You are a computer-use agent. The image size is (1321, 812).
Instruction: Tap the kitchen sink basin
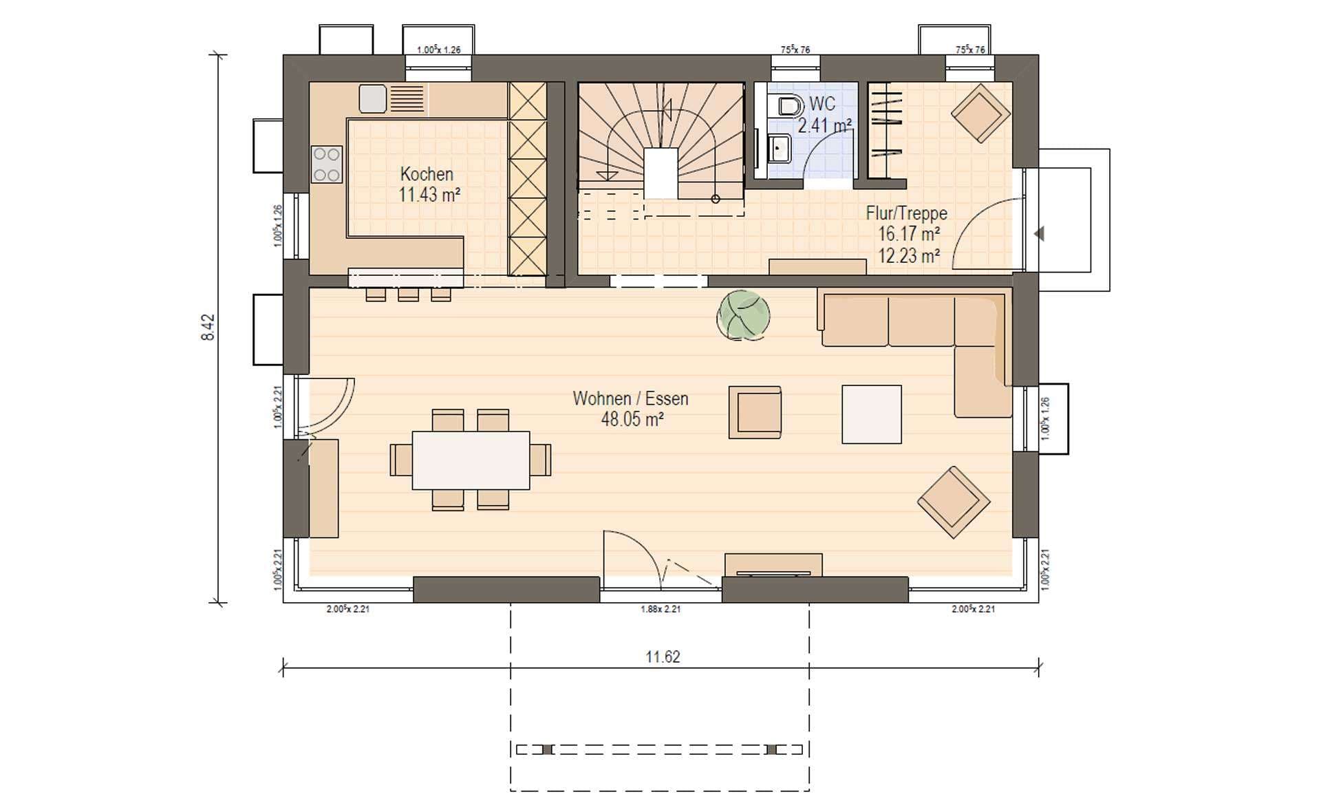pos(372,98)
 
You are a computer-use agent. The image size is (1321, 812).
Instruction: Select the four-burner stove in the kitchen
pos(327,164)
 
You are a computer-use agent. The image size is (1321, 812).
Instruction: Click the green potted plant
pos(743,316)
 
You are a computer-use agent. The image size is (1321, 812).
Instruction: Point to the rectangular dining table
pos(471,460)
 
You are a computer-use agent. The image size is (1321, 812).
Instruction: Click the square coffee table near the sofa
pos(872,414)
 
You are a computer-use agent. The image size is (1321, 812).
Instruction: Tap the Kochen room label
pos(427,174)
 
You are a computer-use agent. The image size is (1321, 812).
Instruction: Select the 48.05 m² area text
pos(632,419)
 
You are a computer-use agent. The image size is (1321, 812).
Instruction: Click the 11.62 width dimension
pos(663,657)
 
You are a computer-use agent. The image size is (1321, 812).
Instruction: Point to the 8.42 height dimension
pos(208,328)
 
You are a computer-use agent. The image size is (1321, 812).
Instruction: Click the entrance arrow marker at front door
pos(1039,234)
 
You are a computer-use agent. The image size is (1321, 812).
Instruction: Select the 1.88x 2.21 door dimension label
pos(660,609)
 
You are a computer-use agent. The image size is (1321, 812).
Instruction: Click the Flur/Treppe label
pos(906,213)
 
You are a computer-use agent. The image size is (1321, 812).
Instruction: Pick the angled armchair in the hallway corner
pos(980,113)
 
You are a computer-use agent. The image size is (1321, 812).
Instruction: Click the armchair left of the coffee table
pos(755,412)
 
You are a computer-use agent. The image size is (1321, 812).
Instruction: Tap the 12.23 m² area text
pos(909,256)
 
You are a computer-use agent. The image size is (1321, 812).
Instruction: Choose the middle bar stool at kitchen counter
pos(408,294)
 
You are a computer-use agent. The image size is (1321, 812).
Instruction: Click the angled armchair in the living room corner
pos(954,502)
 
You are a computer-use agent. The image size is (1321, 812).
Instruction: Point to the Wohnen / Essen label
pos(630,398)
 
